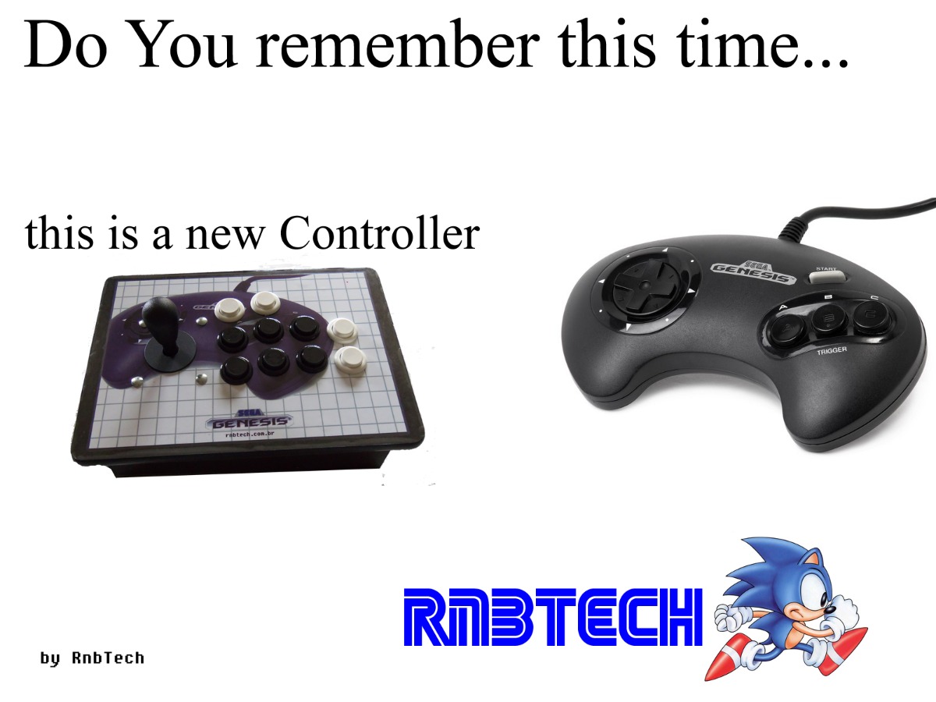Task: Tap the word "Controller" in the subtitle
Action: point(380,233)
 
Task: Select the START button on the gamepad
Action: point(827,277)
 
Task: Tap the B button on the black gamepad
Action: point(828,320)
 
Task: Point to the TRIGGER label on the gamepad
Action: point(832,351)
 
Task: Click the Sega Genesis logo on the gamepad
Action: point(753,273)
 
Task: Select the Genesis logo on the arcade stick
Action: point(249,420)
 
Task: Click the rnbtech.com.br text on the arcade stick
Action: point(250,434)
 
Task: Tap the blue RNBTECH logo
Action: point(553,617)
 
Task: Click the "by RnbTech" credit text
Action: point(93,658)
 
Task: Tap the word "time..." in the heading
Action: point(764,45)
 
